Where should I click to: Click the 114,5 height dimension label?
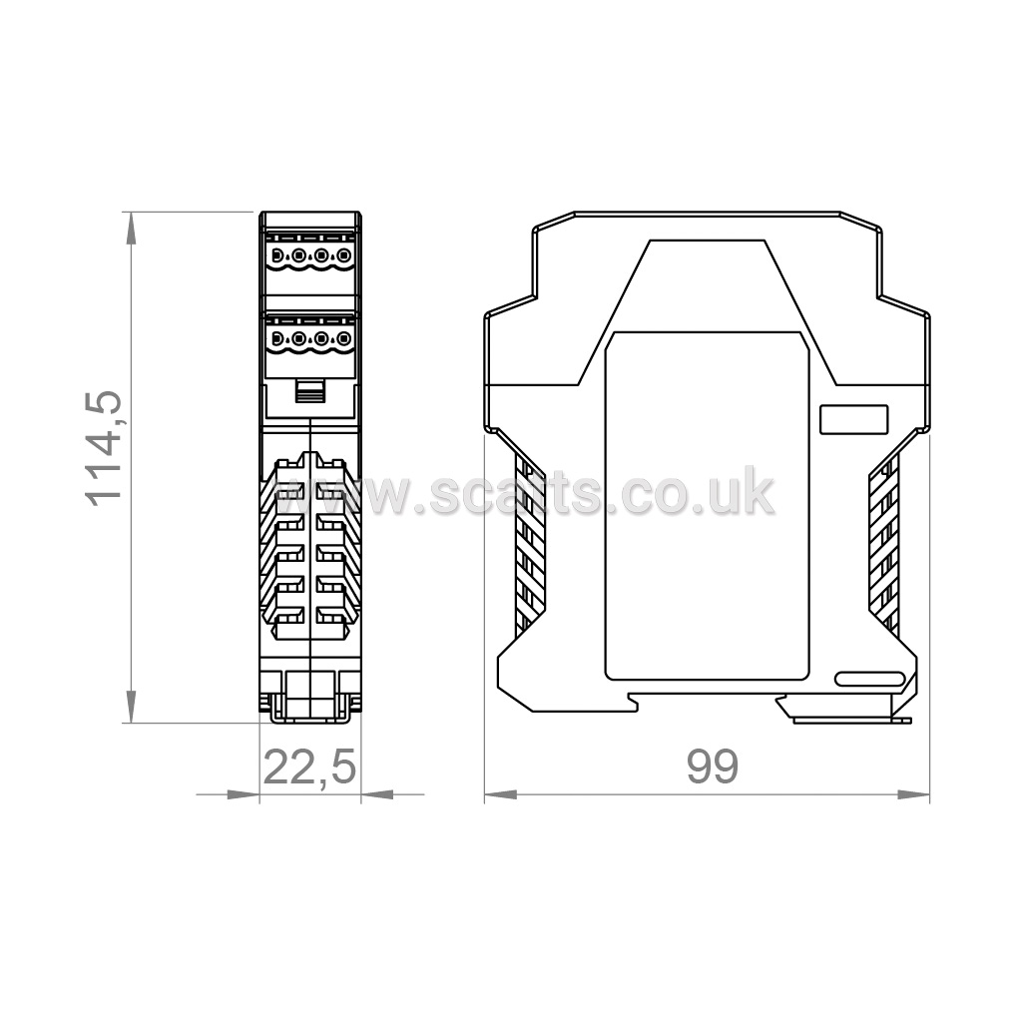pyautogui.click(x=103, y=448)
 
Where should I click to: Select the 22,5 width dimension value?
pyautogui.click(x=309, y=767)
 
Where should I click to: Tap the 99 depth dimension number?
pyautogui.click(x=713, y=766)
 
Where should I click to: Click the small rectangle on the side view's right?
pyautogui.click(x=854, y=419)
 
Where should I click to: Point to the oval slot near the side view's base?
pyautogui.click(x=869, y=679)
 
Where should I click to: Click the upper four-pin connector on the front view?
pyautogui.click(x=310, y=256)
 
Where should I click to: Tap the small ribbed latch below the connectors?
pyautogui.click(x=310, y=391)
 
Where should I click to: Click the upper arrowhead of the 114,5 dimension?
pyautogui.click(x=131, y=229)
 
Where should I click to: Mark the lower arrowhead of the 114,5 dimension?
pyautogui.click(x=131, y=707)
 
